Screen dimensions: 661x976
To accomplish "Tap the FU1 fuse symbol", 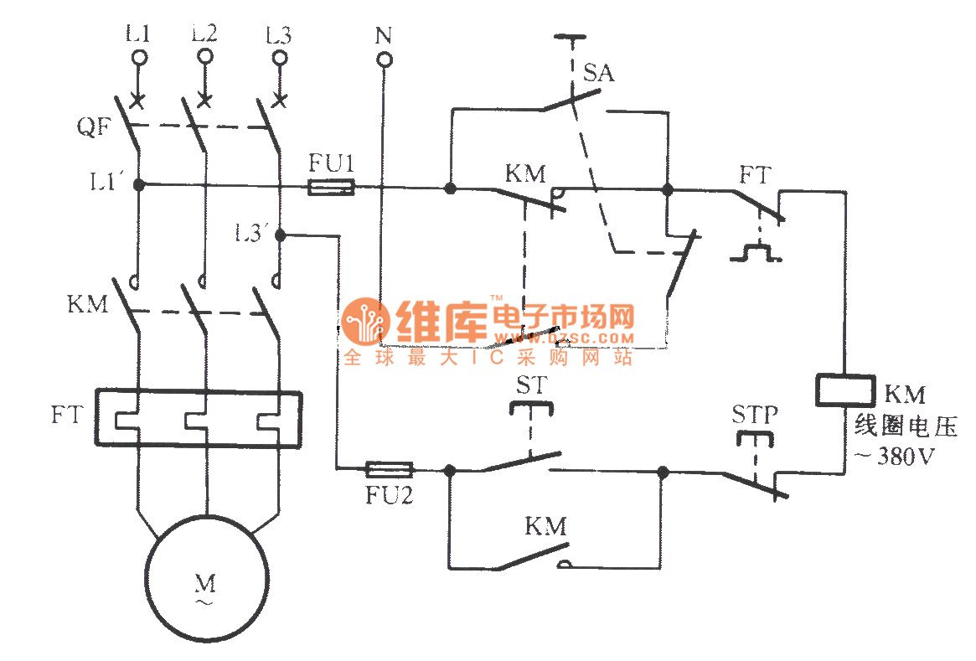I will (331, 188).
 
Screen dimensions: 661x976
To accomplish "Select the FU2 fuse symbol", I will (390, 469).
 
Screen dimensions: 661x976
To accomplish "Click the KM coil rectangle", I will (842, 391).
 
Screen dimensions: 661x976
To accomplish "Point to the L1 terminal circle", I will (139, 57).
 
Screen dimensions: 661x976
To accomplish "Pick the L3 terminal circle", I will (278, 57).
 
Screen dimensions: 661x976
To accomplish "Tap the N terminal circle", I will (383, 59).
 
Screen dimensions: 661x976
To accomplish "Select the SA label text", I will (599, 74).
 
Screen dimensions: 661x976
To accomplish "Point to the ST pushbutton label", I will (529, 387).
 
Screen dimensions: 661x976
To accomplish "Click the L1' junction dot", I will (139, 183).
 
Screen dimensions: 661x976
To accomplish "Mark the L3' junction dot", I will (281, 235).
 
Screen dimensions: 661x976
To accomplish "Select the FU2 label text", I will (390, 495).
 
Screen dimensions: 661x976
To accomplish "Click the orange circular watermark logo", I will (365, 321).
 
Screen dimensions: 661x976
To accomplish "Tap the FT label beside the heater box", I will (66, 414).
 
